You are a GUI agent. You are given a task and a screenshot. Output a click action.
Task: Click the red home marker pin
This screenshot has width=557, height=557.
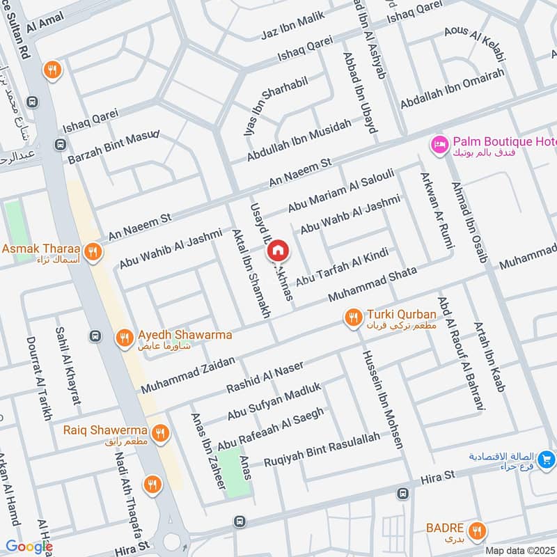[278, 249]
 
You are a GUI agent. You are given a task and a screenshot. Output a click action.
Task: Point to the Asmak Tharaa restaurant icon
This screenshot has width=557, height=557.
[91, 251]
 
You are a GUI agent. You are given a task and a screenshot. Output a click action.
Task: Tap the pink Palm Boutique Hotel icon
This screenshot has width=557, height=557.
[439, 144]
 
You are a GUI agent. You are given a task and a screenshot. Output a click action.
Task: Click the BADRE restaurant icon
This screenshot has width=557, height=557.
[476, 529]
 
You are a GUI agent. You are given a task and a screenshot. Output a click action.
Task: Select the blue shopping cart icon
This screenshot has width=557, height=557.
[547, 460]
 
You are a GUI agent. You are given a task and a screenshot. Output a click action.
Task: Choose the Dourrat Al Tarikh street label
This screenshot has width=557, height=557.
[40, 378]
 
